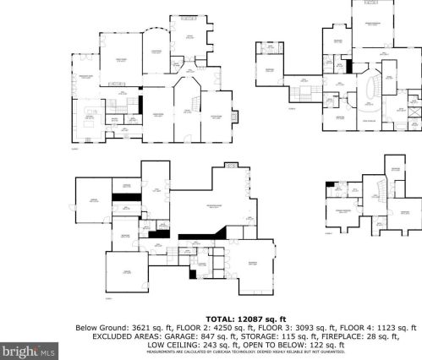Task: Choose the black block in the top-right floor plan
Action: [x=348, y=66]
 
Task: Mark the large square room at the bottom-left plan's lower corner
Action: [x=127, y=275]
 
